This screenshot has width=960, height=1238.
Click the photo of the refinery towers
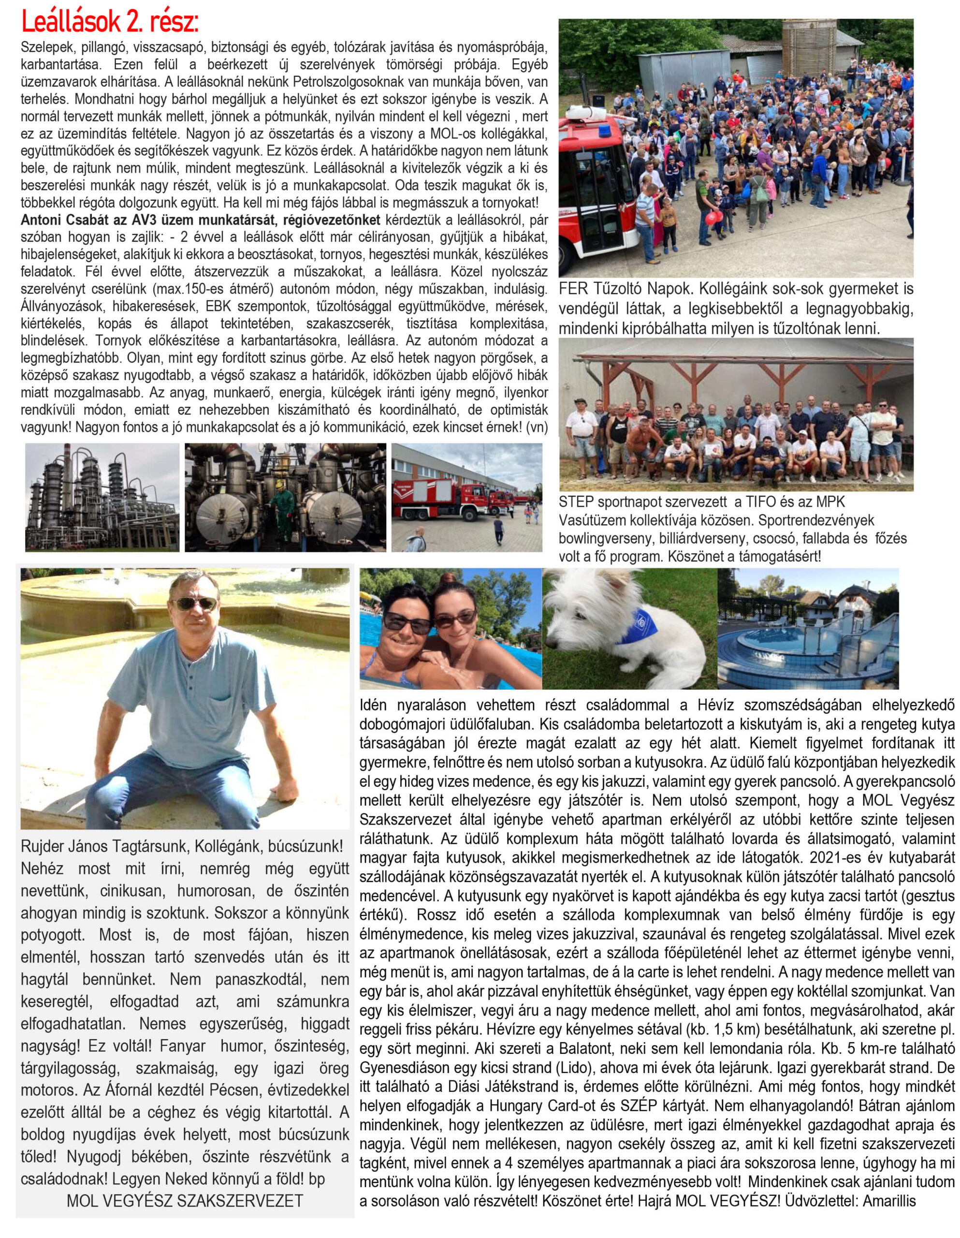click(x=102, y=497)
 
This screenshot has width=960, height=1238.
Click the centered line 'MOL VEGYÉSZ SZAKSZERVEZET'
click(x=185, y=1200)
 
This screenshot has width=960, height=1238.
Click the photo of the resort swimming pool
click(x=808, y=628)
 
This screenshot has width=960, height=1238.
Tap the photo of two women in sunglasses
click(x=450, y=628)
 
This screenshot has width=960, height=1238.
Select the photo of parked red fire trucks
click(x=466, y=497)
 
